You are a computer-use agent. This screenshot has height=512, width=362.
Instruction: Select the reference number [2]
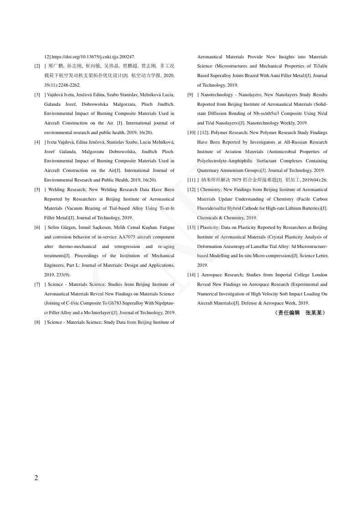coord(37,67)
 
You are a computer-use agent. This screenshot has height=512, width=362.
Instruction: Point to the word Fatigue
coord(166,228)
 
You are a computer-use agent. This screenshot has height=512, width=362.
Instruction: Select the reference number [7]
coord(37,284)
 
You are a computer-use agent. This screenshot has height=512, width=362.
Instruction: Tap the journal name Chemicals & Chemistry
coord(219,218)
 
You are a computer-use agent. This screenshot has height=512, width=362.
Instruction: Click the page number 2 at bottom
coord(36,478)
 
